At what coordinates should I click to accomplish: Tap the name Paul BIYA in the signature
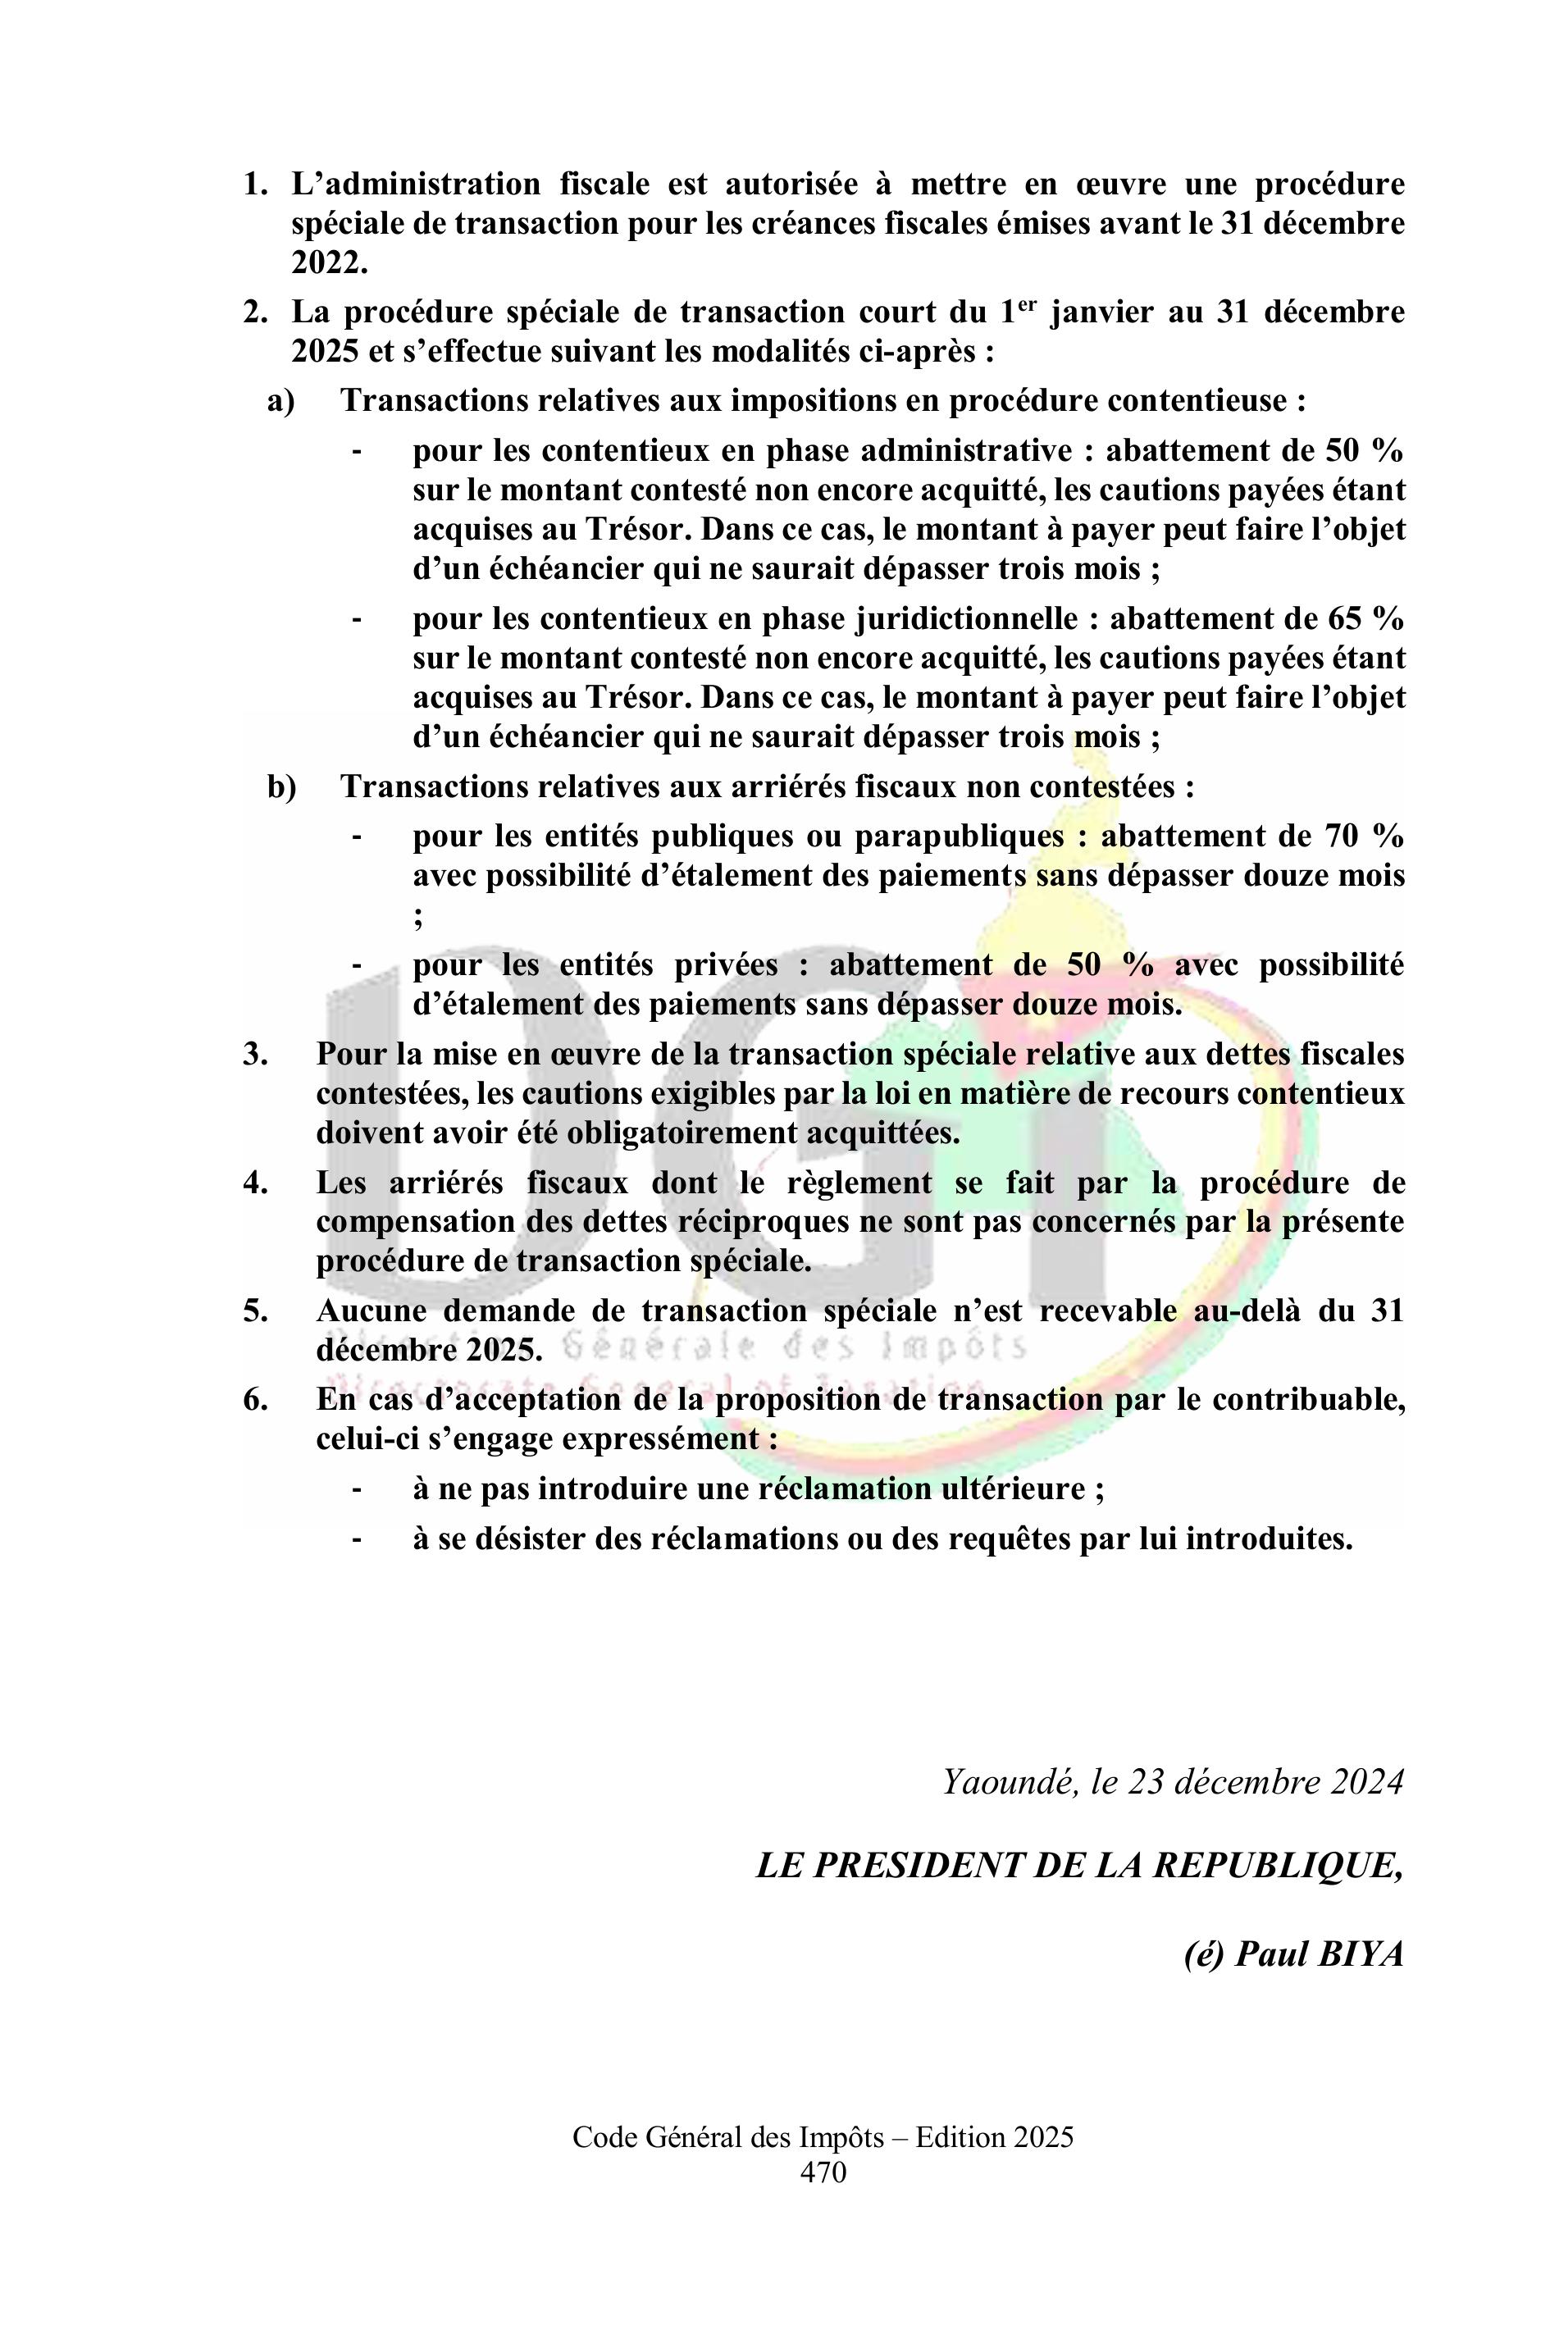[x=1319, y=1975]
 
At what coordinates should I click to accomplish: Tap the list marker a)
[x=280, y=401]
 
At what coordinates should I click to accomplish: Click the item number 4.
[x=255, y=1183]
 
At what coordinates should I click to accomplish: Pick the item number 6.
[x=255, y=1400]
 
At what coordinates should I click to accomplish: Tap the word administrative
[x=966, y=451]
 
